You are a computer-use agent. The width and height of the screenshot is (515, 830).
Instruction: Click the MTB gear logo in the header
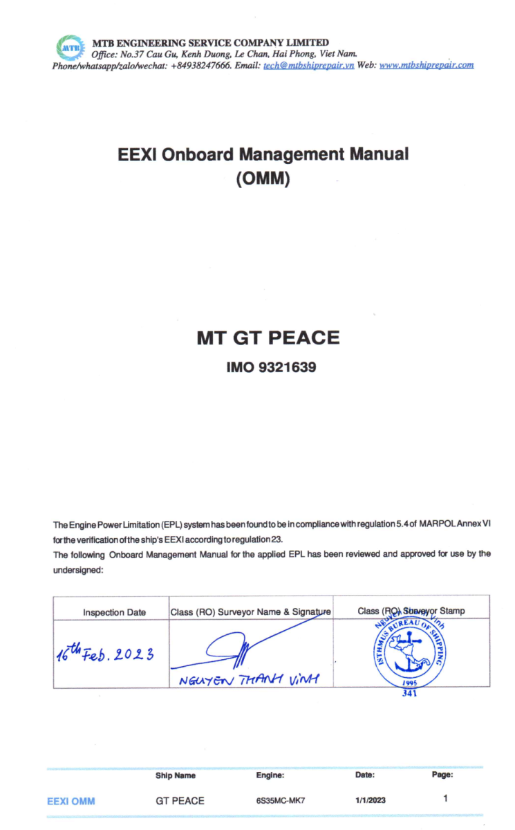pyautogui.click(x=68, y=48)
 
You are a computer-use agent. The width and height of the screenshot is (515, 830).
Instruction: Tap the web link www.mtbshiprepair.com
pyautogui.click(x=427, y=66)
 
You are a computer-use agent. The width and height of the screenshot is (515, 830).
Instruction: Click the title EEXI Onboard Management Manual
pyautogui.click(x=263, y=154)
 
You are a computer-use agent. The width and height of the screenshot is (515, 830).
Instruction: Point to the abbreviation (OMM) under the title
pyautogui.click(x=263, y=178)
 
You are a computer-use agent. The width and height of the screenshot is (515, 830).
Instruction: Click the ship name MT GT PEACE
pyautogui.click(x=268, y=338)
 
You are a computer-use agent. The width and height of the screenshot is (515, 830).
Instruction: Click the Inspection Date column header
pyautogui.click(x=115, y=612)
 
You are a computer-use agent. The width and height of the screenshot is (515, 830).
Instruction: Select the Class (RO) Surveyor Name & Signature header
pyautogui.click(x=250, y=611)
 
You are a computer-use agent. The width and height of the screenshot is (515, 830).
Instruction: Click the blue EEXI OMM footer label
pyautogui.click(x=71, y=801)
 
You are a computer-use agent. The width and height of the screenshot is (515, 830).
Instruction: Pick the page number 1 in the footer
pyautogui.click(x=445, y=798)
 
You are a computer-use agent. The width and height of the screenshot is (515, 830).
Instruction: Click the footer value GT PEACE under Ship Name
pyautogui.click(x=180, y=800)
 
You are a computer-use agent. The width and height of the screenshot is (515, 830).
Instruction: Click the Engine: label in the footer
pyautogui.click(x=270, y=775)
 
